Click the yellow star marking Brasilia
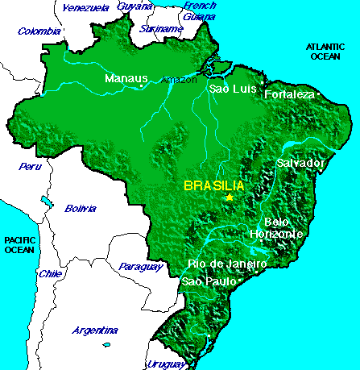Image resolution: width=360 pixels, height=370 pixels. click(230, 197)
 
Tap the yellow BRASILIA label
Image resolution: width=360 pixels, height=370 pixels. click(214, 185)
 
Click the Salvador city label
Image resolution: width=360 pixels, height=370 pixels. click(300, 163)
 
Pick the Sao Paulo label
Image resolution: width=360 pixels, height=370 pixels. click(209, 281)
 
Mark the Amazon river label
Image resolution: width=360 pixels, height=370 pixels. click(178, 80)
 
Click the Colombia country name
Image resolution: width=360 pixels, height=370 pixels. click(39, 31)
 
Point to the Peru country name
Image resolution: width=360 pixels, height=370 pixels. click(30, 167)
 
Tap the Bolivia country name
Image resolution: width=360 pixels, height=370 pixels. click(81, 208)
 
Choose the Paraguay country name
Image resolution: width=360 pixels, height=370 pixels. click(134, 266)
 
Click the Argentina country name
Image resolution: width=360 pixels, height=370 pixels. click(95, 331)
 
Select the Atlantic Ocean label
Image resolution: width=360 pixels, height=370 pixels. click(327, 52)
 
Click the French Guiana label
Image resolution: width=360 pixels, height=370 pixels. click(200, 10)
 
